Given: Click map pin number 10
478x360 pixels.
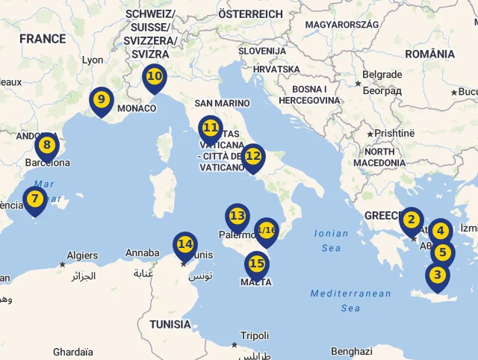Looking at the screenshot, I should click(x=155, y=76).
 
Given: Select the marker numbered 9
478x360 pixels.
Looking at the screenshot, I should click(x=101, y=99).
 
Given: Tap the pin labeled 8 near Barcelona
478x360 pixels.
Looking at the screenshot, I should click(x=47, y=145).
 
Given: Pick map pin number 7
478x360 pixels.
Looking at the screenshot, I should click(x=34, y=199).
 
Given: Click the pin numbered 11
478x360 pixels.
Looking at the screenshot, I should click(x=211, y=128).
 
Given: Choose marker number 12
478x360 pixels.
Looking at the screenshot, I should click(x=253, y=157).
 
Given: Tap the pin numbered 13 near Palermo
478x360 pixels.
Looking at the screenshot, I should click(x=238, y=217).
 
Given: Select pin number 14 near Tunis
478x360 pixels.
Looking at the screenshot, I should click(x=185, y=244).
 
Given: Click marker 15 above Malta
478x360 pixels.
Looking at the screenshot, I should click(x=257, y=264).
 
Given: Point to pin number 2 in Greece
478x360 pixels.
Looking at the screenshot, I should click(x=411, y=220).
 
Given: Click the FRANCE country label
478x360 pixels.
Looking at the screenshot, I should click(x=43, y=39).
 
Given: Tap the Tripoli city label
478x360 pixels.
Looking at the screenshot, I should click(x=254, y=335).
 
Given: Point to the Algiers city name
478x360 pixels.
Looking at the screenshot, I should click(x=82, y=255).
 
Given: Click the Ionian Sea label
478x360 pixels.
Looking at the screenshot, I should click(x=332, y=240).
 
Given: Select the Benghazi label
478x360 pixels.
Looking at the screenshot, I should click(x=351, y=351).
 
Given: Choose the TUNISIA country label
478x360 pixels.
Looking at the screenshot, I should click(x=170, y=324).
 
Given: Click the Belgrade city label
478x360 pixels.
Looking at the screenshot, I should click(x=382, y=75).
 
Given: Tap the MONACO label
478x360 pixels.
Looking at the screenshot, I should click(x=137, y=108).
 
